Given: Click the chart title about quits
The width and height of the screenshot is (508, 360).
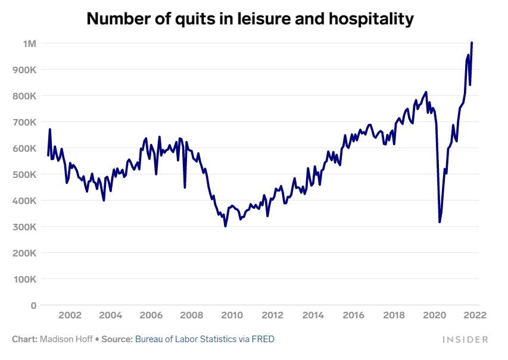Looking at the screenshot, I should point(250,18).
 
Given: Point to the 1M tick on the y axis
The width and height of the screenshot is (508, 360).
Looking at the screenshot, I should point(30,43).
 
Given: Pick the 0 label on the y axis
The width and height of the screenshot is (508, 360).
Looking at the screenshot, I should point(34,305).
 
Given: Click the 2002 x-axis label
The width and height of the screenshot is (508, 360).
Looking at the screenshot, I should point(70,315).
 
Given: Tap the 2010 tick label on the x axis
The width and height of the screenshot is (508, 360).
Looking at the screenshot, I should point(232,315).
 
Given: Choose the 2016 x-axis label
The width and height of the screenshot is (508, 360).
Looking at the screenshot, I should point(353,315).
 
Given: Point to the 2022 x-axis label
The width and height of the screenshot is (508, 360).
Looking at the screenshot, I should point(475,315).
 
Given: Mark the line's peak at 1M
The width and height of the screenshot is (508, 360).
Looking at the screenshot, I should point(472,43).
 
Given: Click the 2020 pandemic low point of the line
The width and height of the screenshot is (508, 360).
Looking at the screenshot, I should point(440,222).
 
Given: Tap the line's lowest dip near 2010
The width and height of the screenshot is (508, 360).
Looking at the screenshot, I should point(225,226).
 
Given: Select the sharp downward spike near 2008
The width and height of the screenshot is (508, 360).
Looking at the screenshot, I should point(185,187).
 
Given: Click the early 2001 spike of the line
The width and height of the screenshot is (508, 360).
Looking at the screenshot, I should point(50,130).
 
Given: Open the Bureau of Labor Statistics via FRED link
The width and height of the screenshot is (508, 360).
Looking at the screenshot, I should point(205,339).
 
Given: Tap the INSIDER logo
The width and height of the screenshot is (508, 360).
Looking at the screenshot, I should point(465,339).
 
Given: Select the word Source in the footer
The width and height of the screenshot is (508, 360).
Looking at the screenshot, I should point(117,339).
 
